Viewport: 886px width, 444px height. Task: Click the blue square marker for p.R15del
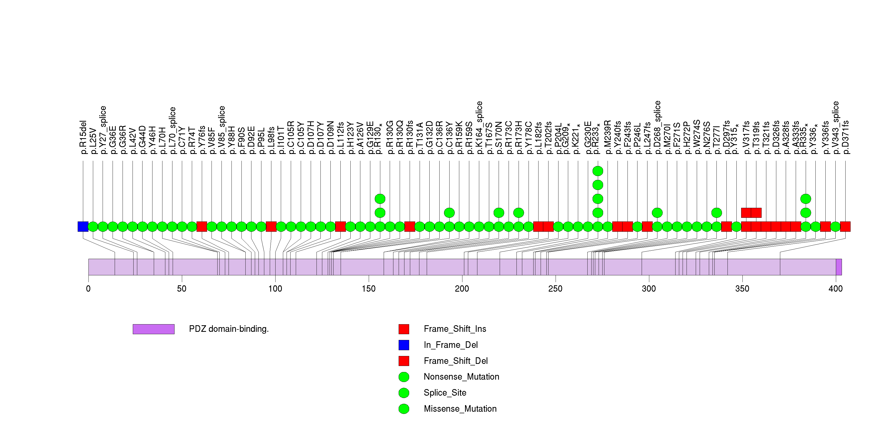click(83, 226)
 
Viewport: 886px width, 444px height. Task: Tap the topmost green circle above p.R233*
click(598, 171)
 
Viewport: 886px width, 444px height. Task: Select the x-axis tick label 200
click(462, 288)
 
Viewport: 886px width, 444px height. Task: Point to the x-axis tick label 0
click(88, 288)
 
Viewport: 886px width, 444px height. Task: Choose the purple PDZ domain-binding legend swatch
click(154, 329)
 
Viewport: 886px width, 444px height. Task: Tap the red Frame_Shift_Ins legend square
click(404, 329)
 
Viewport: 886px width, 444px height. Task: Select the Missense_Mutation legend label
click(460, 409)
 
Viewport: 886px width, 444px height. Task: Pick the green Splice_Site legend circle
click(404, 393)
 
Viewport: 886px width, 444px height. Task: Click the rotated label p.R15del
click(83, 137)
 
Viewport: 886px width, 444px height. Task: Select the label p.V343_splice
click(835, 127)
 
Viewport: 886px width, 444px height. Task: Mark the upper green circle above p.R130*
click(380, 199)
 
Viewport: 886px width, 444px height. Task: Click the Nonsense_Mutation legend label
click(461, 376)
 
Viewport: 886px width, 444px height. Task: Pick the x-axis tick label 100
click(275, 288)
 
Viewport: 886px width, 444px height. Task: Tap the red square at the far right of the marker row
click(845, 226)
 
